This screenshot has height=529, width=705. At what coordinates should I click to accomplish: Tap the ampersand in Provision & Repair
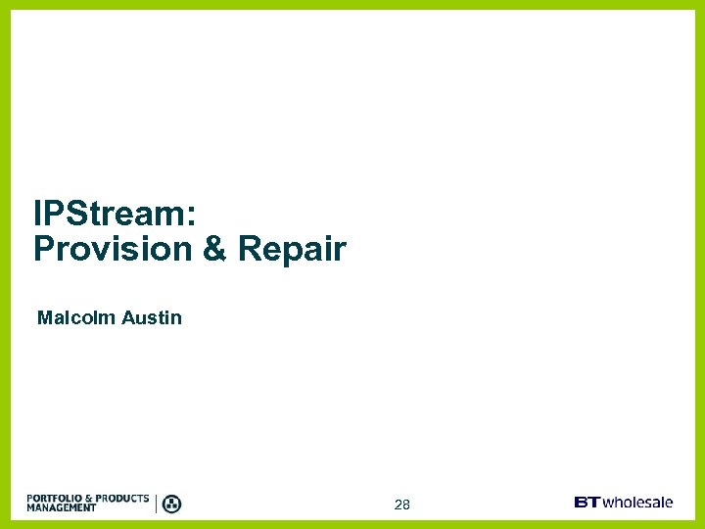point(214,249)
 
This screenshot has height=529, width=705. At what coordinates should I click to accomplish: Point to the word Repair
point(292,249)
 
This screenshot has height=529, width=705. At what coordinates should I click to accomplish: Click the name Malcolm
point(75,317)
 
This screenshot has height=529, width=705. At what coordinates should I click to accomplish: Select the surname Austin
point(152,317)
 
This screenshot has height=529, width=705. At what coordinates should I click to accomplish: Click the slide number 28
point(401,505)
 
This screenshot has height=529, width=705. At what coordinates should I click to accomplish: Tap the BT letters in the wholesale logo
point(587,503)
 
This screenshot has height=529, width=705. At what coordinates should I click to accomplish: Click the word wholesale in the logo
point(637,503)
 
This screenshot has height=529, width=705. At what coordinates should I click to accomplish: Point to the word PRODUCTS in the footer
point(123,499)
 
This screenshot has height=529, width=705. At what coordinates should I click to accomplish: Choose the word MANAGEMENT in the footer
point(62,508)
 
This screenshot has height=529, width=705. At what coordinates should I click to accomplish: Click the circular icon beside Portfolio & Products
point(171,504)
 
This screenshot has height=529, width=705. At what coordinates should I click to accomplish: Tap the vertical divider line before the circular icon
point(156,504)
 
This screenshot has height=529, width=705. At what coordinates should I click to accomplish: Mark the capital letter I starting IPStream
point(37,214)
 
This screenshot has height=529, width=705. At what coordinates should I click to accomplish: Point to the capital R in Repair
point(249,249)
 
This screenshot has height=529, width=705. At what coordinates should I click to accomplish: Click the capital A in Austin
point(128,317)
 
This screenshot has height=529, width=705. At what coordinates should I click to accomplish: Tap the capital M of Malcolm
point(44,317)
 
